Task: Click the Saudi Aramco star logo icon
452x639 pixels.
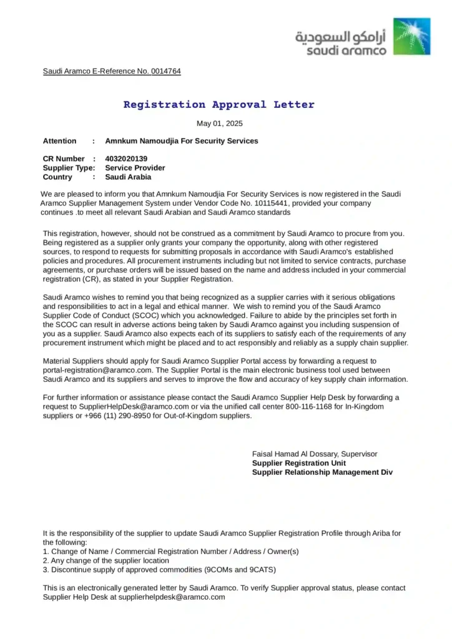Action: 411,36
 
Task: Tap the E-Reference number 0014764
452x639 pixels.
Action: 165,71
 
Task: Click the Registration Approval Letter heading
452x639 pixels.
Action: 219,105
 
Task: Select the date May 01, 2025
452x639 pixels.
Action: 220,124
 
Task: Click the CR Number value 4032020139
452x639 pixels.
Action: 126,159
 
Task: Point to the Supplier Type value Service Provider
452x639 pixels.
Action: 135,168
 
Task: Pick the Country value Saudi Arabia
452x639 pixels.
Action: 128,177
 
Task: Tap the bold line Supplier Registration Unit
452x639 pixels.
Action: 299,463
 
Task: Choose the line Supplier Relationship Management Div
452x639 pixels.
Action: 322,472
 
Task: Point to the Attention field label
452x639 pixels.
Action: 60,141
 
